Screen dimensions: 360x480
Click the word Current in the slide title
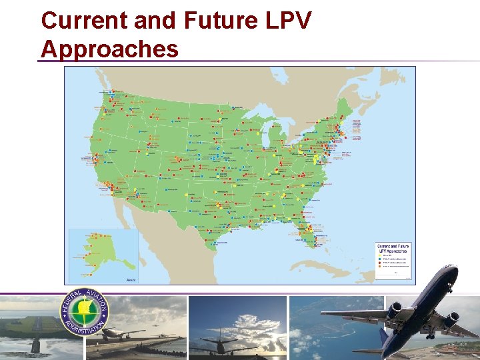[x=84, y=21]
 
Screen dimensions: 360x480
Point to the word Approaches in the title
[x=109, y=49]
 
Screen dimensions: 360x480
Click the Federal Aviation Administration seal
[x=85, y=312]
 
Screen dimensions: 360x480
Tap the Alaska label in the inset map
[x=131, y=279]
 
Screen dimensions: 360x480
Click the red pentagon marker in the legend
[x=377, y=263]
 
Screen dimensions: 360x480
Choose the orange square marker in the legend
[x=377, y=267]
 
